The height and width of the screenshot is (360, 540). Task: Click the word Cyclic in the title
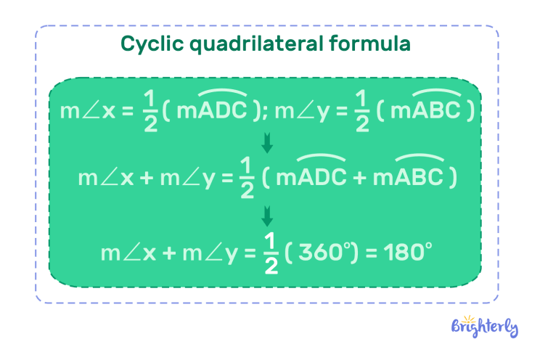pos(150,45)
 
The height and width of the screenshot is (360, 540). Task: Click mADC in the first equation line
pos(213,111)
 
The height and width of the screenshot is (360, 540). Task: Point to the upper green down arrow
pos(267,142)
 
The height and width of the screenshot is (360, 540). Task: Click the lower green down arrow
pos(267,216)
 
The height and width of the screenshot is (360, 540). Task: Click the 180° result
pos(404,254)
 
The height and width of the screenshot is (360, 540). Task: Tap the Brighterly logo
pos(485,327)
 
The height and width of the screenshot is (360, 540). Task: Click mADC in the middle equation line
pos(311,179)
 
